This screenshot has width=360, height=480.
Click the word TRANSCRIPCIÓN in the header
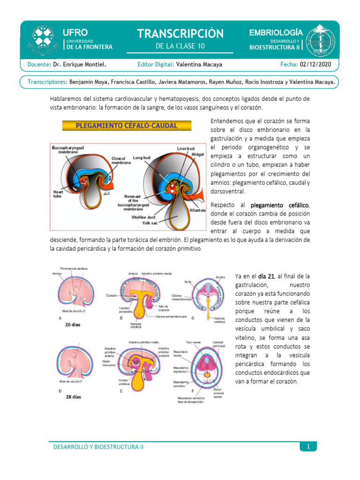coord(180,34)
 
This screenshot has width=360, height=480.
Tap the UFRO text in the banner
coord(75,32)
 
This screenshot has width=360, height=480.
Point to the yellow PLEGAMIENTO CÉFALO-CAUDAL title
coord(127,126)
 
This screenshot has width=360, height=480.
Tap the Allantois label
coord(197,210)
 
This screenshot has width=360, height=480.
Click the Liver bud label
coord(186,149)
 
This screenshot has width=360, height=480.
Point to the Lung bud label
coord(142,158)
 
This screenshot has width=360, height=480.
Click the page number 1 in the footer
coord(308,447)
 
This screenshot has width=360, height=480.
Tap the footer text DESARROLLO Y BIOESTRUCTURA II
coord(98,447)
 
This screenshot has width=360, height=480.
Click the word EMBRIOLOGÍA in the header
coord(276,32)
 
